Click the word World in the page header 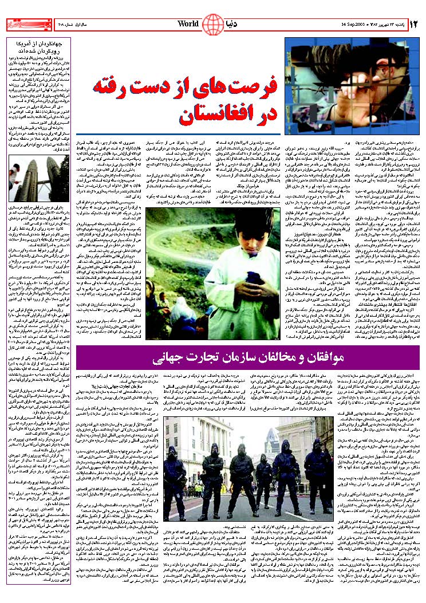pos(188,24)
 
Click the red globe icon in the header pos(213,24)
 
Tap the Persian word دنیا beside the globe pos(235,24)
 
